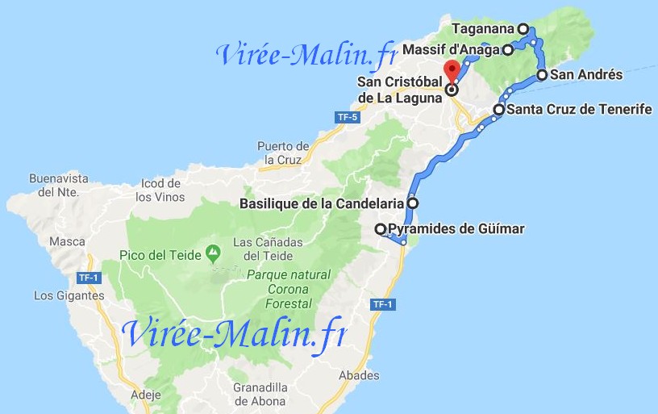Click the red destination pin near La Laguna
pos(452,69)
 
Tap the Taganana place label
pos(483,29)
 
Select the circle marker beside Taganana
pos(523,29)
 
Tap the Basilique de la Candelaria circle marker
pos(413,203)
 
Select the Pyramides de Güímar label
pos(456,229)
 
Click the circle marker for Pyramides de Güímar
pos(381,229)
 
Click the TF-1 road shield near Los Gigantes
pos(88,278)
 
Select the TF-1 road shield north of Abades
pos(382,304)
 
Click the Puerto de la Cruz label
pos(283,153)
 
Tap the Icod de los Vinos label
pos(160,190)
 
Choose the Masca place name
pos(67,241)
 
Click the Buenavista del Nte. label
pos(56,185)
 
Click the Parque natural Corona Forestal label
pos(288,289)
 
